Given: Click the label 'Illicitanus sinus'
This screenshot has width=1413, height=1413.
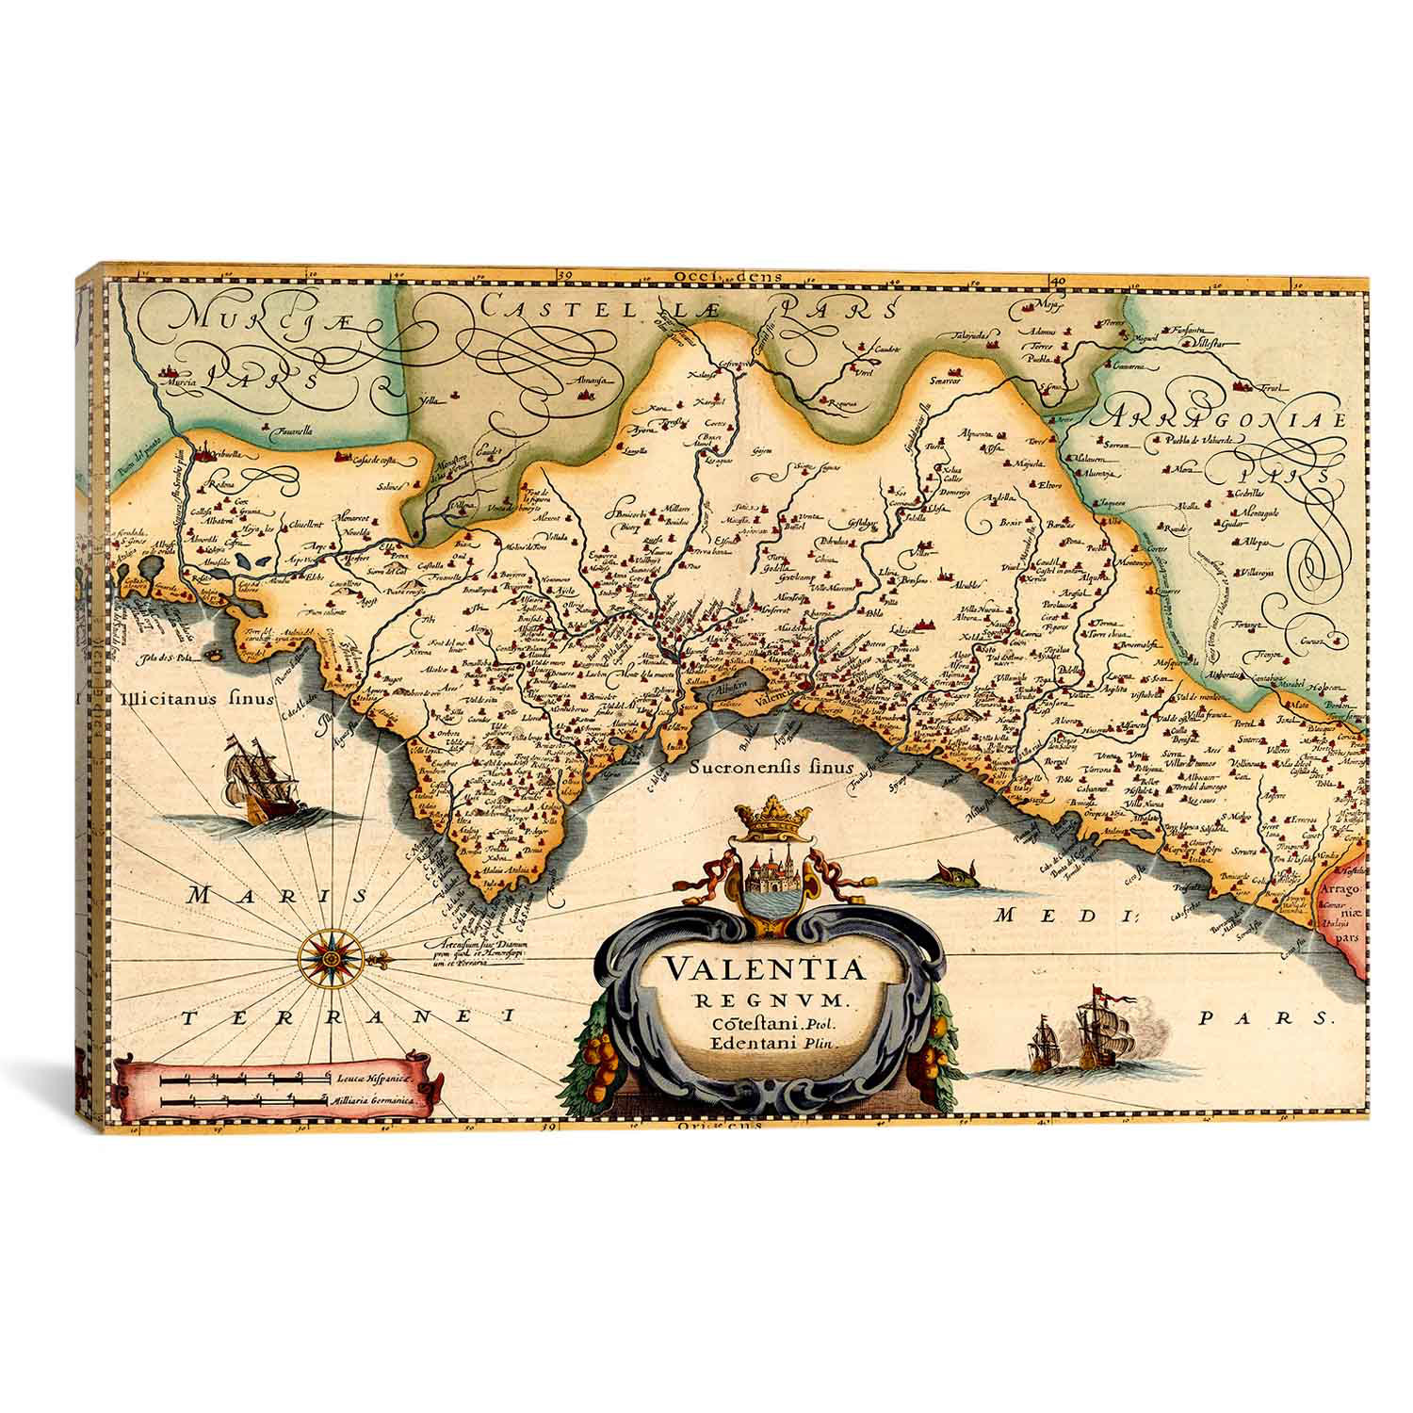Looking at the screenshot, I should click(x=196, y=700).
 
